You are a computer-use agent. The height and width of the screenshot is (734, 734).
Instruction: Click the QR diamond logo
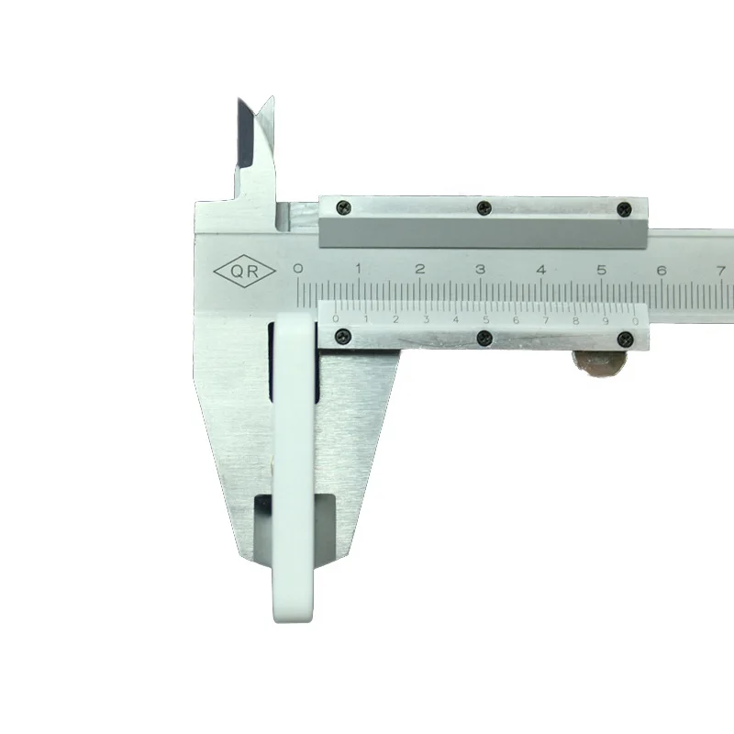pos(244,271)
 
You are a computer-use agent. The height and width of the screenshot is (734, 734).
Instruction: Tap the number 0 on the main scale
pos(297,268)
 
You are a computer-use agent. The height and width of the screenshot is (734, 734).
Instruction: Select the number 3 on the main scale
pos(480,269)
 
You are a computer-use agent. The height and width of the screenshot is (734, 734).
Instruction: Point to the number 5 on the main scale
pos(602,270)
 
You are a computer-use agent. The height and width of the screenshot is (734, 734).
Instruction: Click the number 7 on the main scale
pos(721,271)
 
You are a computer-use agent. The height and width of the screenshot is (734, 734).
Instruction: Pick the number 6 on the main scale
pos(662,271)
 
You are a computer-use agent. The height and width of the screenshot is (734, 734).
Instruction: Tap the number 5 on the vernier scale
pos(486,320)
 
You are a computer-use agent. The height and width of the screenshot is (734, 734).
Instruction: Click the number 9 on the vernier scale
pos(606,321)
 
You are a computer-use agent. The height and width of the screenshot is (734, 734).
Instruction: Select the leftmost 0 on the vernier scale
pos(335,319)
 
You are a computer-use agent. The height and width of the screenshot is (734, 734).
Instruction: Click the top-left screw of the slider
pos(344,207)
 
